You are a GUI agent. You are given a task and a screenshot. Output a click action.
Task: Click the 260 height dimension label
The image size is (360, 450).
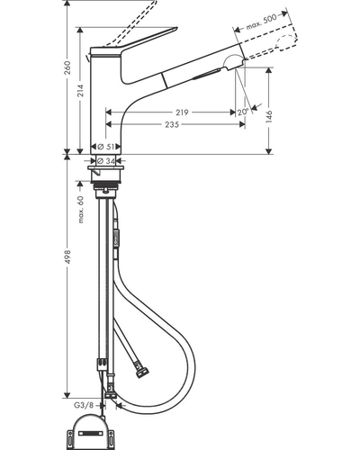[67, 67]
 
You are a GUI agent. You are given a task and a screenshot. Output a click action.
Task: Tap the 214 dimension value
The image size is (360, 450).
[80, 91]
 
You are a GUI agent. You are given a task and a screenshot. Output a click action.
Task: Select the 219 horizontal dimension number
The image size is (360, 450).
[182, 112]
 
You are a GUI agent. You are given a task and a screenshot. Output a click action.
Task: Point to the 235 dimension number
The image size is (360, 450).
[172, 124]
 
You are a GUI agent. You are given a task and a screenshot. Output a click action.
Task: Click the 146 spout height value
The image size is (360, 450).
[269, 116]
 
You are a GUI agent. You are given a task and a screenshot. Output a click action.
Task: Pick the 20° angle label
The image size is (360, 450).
[243, 112]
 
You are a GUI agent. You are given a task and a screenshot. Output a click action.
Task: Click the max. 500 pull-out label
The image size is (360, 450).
[261, 22]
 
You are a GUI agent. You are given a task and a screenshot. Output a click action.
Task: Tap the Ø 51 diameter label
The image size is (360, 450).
[106, 147]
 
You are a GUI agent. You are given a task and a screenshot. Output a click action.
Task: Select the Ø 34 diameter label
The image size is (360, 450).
[106, 161]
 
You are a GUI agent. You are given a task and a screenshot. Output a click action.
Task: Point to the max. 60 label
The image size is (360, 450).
[81, 209]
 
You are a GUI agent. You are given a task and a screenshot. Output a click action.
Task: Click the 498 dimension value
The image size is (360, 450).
[67, 256]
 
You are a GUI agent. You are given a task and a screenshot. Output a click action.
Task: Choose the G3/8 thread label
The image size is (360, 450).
[84, 405]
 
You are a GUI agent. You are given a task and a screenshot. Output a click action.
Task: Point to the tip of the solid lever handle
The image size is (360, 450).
[176, 29]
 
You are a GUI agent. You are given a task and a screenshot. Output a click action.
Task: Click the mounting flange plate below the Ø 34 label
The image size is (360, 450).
[106, 167]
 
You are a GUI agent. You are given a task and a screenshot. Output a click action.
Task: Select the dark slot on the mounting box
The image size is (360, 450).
[90, 434]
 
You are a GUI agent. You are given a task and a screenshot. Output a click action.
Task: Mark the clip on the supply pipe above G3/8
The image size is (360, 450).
[102, 364]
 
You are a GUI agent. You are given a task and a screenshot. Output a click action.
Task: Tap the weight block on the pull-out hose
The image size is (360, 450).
[116, 237]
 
